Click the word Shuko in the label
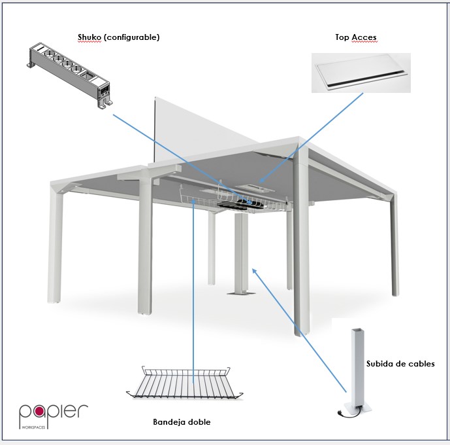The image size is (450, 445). point(89,37)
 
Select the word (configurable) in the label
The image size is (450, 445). point(131,37)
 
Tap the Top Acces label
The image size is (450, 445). point(356,37)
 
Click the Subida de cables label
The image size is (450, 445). point(400,364)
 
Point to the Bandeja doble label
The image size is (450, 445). point(182,421)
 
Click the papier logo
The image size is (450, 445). point(54,416)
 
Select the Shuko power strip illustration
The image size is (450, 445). point(70,75)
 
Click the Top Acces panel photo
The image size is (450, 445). point(361,73)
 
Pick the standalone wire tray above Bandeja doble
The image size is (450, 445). point(185,383)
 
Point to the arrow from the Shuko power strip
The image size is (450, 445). point(182,158)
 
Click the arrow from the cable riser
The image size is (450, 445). point(299,330)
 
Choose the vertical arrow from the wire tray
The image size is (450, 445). point(193,291)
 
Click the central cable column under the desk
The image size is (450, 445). point(242,253)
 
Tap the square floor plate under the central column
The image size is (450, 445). point(242,293)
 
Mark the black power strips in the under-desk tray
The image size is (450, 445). point(240,204)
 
